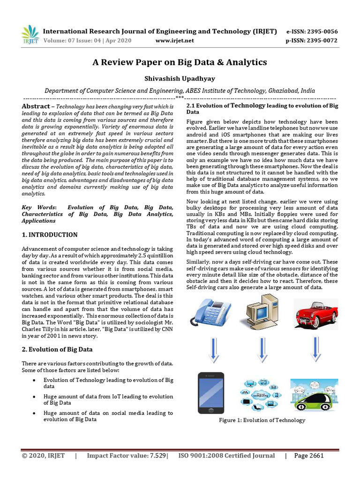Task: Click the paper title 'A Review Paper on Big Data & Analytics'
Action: click(180, 62)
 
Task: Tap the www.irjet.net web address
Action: click(174, 41)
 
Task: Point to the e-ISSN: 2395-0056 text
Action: click(312, 31)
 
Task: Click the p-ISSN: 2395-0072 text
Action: click(312, 41)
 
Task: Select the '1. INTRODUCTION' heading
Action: click(50, 234)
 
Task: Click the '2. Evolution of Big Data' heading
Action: click(57, 349)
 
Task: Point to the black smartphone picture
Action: click(211, 393)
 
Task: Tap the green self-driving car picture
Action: click(314, 395)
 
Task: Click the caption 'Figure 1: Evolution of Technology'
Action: click(262, 420)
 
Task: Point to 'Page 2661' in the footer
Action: click(308, 456)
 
